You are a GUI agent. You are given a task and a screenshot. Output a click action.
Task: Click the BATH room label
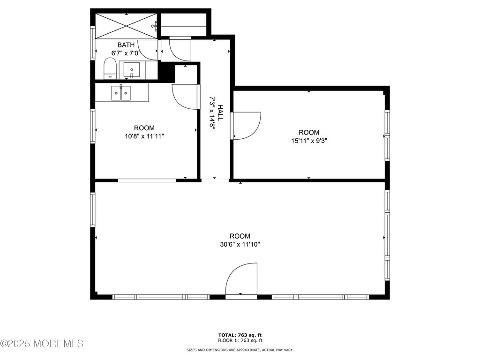coord(126,45)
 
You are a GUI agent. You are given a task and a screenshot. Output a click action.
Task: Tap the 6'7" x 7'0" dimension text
coord(126,53)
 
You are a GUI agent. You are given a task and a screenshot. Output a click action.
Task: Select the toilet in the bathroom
coord(110,69)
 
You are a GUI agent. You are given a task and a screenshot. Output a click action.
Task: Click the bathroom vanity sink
coord(132,70)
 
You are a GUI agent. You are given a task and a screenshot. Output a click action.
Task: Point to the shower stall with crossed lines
coord(127,26)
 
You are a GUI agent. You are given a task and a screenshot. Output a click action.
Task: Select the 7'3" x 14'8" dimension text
coord(212,113)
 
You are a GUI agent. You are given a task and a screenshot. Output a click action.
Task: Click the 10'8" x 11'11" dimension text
coord(144,136)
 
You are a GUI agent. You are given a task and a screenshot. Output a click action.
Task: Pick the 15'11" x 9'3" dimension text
coord(309,141)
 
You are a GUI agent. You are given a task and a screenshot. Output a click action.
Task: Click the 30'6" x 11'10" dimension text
coord(240,244)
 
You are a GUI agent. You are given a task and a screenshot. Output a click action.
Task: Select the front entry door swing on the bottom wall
coord(241,278)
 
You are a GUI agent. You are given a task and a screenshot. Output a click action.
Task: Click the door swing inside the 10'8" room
coord(185,97)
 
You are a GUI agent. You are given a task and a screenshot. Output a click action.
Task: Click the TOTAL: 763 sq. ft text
coord(240,335)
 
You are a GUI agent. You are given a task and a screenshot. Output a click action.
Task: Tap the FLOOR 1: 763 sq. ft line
coord(240,340)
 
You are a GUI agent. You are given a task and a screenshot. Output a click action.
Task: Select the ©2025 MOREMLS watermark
coord(42,344)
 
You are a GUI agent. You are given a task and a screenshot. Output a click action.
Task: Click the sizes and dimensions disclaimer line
coord(240,350)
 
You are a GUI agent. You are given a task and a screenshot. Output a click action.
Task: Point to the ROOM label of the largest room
coord(240,236)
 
